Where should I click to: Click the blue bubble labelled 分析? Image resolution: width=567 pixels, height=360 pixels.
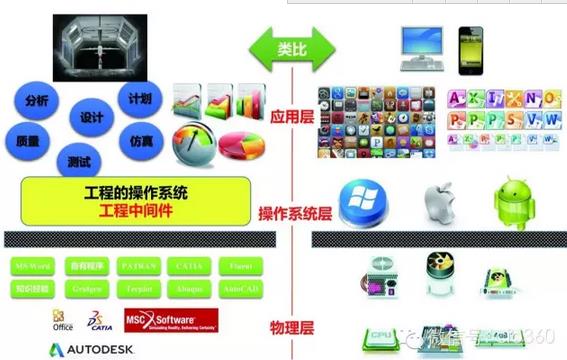click(x=37, y=101)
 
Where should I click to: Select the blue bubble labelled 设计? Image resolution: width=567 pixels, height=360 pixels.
click(x=91, y=118)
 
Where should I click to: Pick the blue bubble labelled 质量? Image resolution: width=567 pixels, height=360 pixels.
click(x=28, y=141)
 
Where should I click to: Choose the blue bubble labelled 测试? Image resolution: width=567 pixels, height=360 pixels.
click(x=81, y=159)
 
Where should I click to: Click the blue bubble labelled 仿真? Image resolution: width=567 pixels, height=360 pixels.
click(x=139, y=142)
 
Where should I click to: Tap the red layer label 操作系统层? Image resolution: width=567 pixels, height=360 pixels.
click(x=294, y=213)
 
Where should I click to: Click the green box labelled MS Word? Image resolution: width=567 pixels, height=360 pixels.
click(x=32, y=266)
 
